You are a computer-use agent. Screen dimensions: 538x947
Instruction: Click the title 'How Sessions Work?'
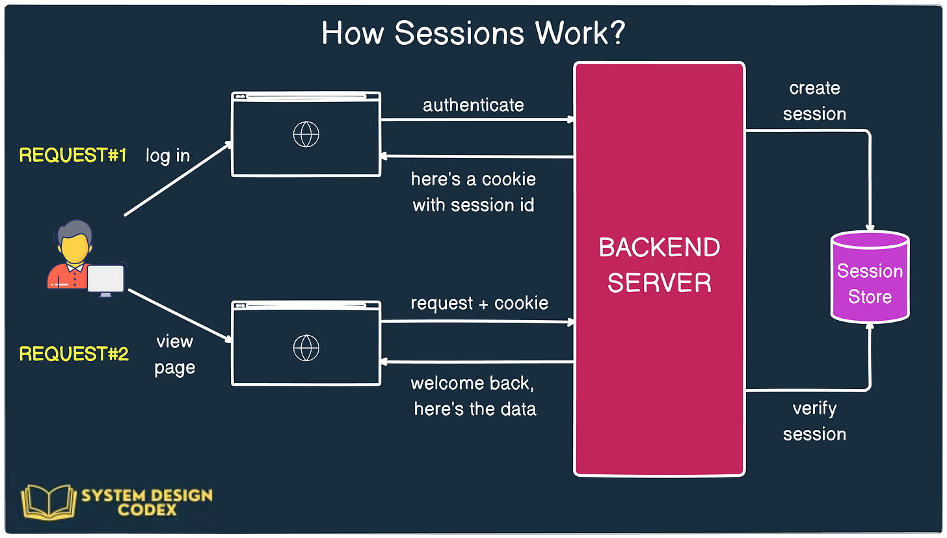tap(473, 33)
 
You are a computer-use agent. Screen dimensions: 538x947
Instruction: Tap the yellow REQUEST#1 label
tap(73, 155)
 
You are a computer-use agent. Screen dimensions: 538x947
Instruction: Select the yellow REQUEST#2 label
tap(73, 354)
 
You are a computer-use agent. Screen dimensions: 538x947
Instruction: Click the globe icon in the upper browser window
tap(306, 135)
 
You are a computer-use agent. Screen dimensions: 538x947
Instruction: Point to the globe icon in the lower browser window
tap(306, 347)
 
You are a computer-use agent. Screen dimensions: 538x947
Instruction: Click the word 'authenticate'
tap(473, 105)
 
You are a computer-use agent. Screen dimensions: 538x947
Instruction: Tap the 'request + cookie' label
tap(479, 303)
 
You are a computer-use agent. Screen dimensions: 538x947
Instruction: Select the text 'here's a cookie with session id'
tap(473, 192)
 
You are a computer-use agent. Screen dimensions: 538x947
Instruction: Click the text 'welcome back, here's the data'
tap(474, 396)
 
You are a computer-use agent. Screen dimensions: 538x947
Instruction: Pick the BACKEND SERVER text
tap(659, 265)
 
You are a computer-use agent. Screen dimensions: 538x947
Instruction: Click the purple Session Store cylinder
tap(870, 280)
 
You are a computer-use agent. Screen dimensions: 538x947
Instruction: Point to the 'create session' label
tap(814, 101)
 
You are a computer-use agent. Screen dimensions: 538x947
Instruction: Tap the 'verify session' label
tap(814, 421)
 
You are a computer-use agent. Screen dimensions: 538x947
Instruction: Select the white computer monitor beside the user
tap(105, 279)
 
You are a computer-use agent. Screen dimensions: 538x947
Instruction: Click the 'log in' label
tap(168, 156)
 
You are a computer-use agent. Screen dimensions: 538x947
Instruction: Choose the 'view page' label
tap(174, 355)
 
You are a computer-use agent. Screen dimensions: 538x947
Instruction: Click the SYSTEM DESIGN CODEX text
tap(147, 502)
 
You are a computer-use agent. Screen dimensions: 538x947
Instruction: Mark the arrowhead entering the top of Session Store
tap(870, 228)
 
